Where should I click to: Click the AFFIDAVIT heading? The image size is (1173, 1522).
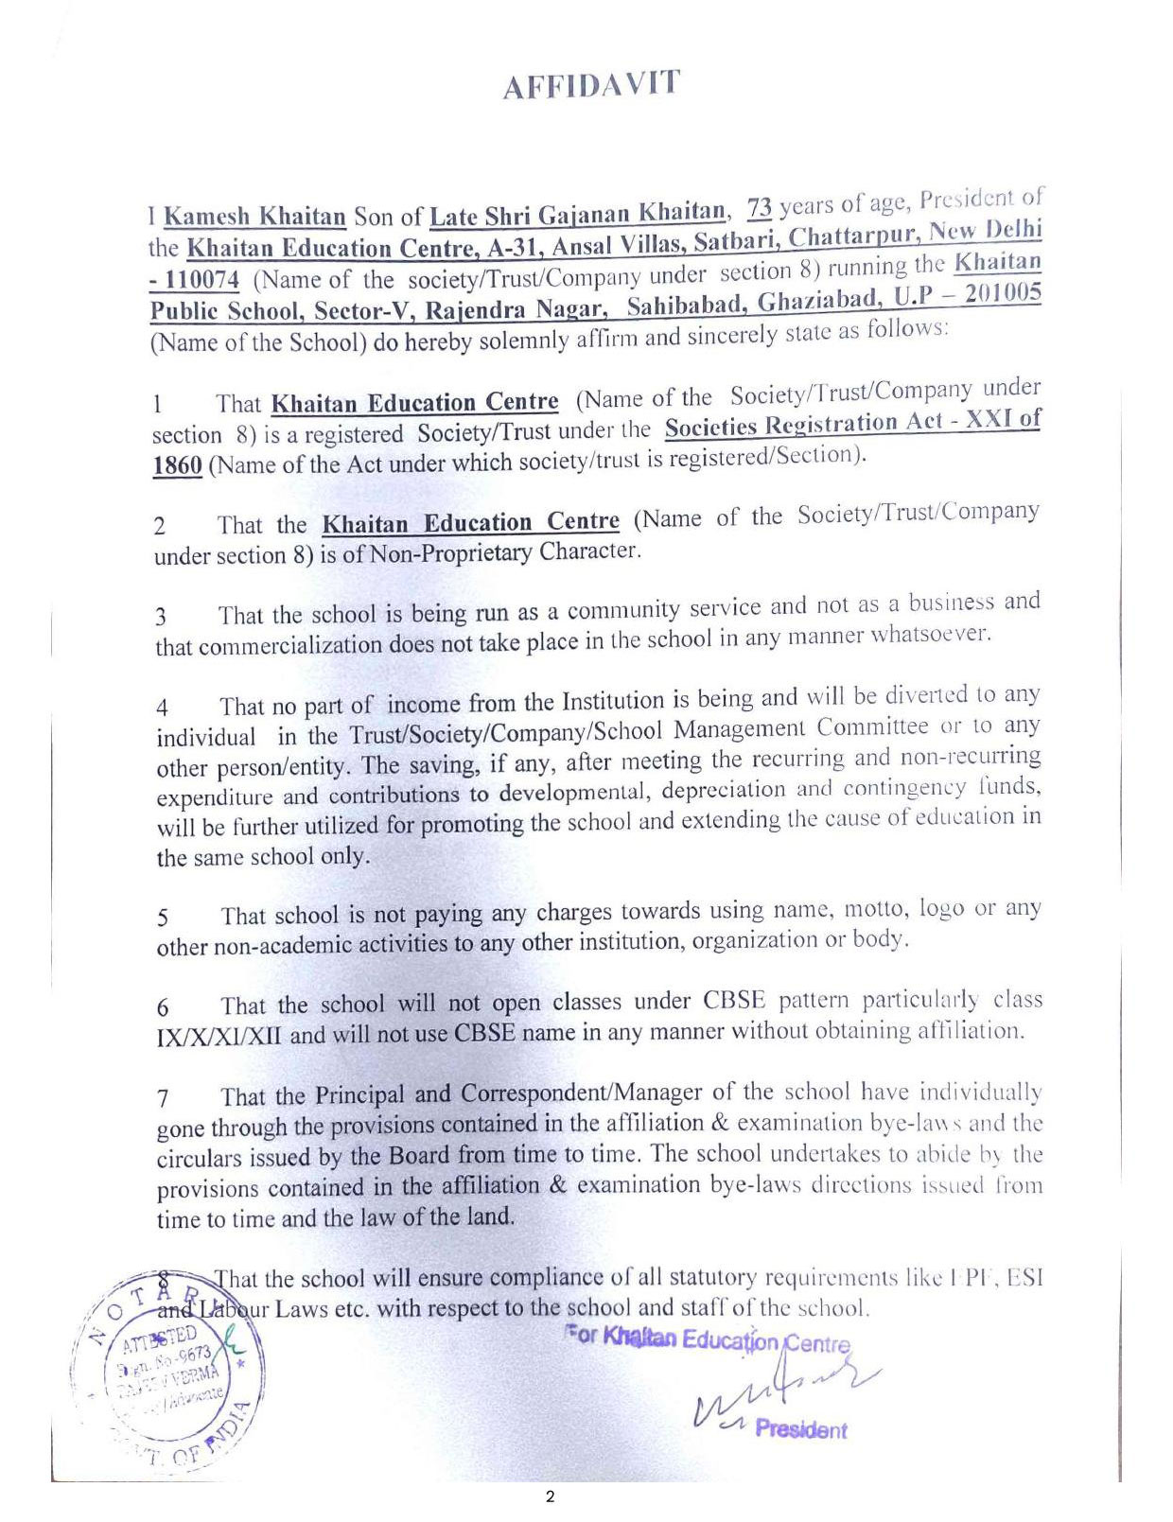[590, 85]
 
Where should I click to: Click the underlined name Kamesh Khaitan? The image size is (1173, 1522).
[254, 217]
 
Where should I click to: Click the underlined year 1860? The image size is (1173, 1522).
[177, 466]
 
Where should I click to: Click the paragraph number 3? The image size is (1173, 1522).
[161, 618]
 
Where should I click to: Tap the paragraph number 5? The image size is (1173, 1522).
[163, 918]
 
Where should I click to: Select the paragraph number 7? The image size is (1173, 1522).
[163, 1099]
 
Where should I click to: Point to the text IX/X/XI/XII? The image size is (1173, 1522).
[219, 1036]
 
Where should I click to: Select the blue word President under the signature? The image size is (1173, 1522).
[800, 1429]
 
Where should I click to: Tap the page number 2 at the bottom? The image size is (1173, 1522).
[550, 1496]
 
